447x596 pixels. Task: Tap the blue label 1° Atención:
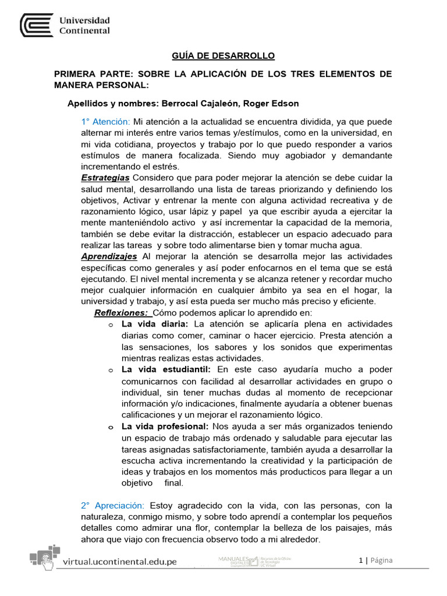coord(105,122)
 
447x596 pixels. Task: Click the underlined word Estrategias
coord(105,177)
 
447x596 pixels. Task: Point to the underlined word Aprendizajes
coord(109,256)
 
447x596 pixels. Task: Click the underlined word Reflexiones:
coord(120,313)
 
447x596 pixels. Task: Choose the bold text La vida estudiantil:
coord(166,370)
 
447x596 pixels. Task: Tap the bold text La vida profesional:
coord(168,427)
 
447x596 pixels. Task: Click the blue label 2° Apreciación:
coord(113,506)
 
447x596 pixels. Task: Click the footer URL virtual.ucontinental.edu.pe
coord(119,562)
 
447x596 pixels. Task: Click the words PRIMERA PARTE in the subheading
coord(89,74)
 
